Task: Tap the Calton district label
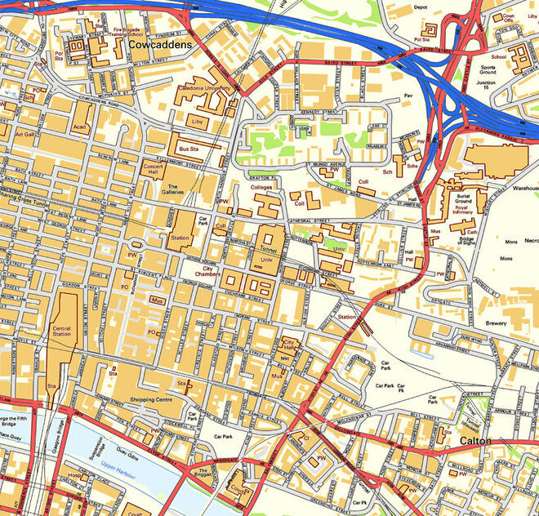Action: pos(474,441)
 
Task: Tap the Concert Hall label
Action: pos(154,168)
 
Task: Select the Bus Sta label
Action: pos(189,149)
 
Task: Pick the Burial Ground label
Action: pos(463,196)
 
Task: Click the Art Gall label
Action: pos(25,133)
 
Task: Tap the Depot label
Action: pos(421,7)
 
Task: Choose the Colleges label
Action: pos(261,187)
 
